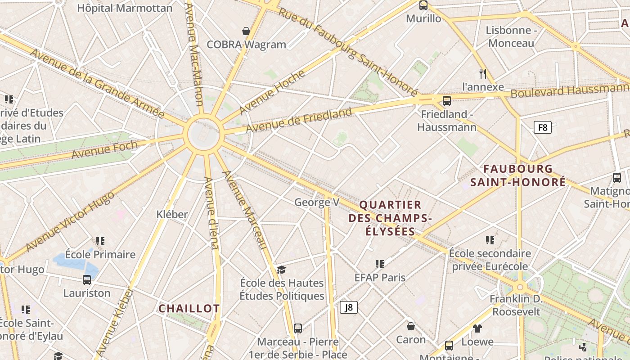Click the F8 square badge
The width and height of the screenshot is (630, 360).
coord(543,127)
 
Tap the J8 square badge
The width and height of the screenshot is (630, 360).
coord(349,307)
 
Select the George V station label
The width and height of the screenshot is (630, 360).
coord(317,202)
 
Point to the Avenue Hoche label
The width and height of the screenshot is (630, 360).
coord(272,92)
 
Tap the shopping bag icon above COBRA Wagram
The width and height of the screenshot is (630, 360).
coord(246,31)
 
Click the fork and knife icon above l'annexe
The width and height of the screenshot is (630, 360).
coord(483,73)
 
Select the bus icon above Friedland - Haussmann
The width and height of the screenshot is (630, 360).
coord(447,101)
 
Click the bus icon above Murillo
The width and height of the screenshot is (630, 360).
coord(423,5)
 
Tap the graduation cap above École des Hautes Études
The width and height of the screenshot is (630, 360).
coord(282,270)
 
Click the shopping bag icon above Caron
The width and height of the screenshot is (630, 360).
coord(410,326)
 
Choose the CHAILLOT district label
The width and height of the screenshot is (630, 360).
coord(189,309)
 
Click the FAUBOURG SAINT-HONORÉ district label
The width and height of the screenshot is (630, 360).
coord(518,175)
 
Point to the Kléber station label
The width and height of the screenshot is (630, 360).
coord(172,214)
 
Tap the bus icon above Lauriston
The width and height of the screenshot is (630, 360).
coord(87,280)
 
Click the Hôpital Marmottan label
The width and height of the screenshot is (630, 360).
coord(125,8)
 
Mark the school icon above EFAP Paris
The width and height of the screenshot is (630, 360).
coord(380,264)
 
